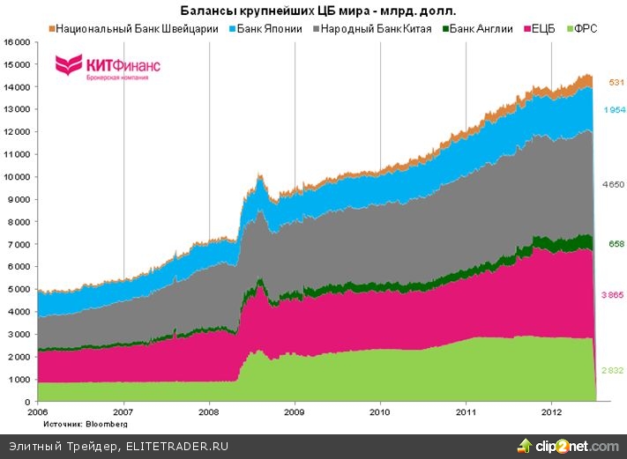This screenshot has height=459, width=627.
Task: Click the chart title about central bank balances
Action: click(x=313, y=11)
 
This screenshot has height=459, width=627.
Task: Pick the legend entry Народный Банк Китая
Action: click(x=378, y=29)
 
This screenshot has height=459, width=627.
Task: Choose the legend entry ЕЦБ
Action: click(x=545, y=29)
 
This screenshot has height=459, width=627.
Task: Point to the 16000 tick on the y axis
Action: click(x=17, y=42)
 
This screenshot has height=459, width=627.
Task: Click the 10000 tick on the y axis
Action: click(x=17, y=177)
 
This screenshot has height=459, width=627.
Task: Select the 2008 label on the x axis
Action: click(x=209, y=411)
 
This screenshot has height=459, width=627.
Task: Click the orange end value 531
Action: click(x=615, y=82)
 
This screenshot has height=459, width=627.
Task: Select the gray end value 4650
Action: click(x=614, y=185)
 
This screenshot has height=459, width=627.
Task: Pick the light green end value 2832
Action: click(x=614, y=371)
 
